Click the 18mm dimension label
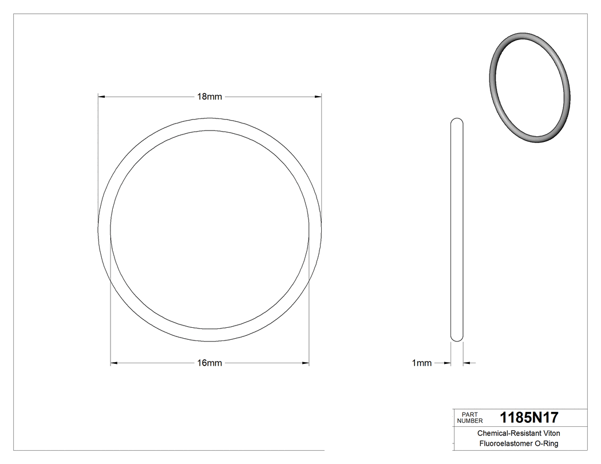point(209,97)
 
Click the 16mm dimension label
point(209,363)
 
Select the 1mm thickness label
point(421,363)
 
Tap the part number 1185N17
point(529,417)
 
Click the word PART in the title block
point(469,414)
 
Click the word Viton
point(549,434)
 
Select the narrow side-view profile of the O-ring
point(457,229)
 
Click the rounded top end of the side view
point(457,121)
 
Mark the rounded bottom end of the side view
point(457,338)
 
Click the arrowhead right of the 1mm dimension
point(466,363)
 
